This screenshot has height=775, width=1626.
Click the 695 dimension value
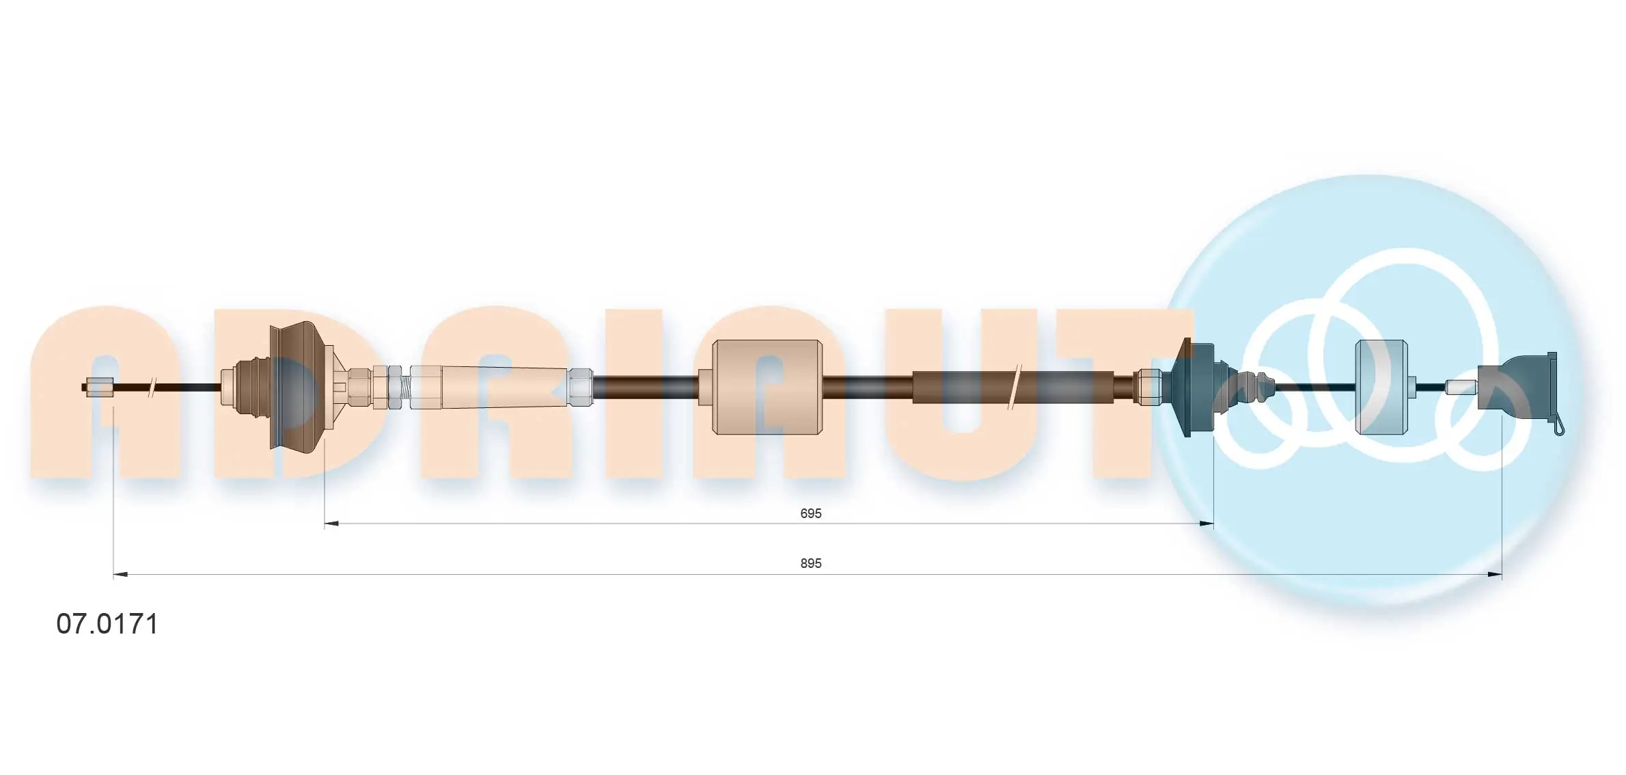pos(810,513)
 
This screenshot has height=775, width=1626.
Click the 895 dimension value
pos(810,563)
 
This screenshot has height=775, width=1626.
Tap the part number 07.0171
pos(107,624)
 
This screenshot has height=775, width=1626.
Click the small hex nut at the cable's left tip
pos(100,387)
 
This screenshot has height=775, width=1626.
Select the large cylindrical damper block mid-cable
pos(767,387)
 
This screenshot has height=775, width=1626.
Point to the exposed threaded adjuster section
pos(405,387)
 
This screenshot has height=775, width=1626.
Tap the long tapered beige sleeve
pos(505,387)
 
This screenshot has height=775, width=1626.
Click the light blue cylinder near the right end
pos(1381,387)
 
